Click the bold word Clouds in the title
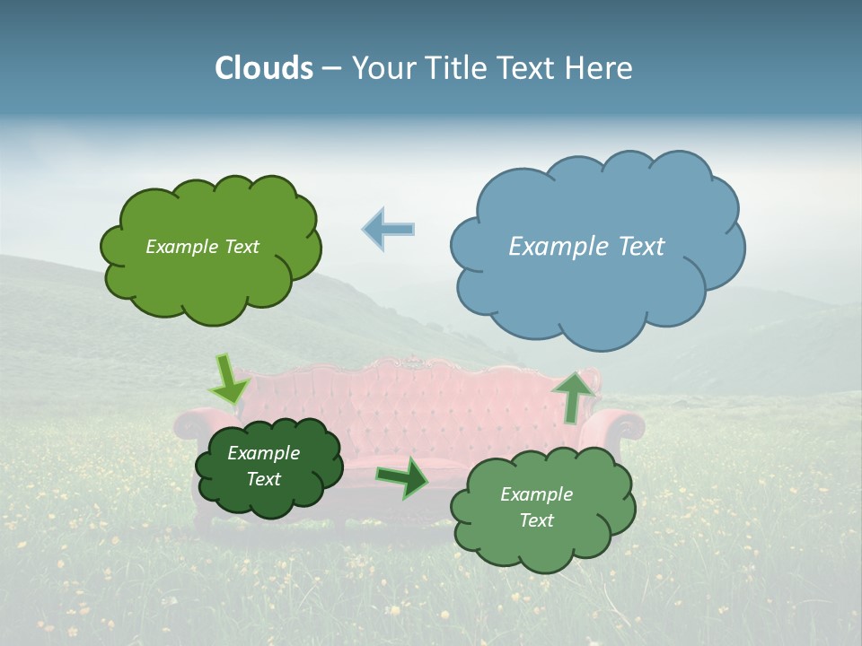pyautogui.click(x=264, y=68)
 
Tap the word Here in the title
pyautogui.click(x=601, y=68)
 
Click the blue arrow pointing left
pyautogui.click(x=389, y=230)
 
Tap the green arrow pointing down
pyautogui.click(x=228, y=380)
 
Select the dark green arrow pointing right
pyautogui.click(x=403, y=477)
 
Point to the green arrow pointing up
pyautogui.click(x=574, y=395)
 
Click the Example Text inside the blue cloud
pyautogui.click(x=586, y=247)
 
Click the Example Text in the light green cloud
pyautogui.click(x=202, y=247)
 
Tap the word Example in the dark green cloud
pyautogui.click(x=263, y=453)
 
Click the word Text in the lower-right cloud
pyautogui.click(x=536, y=520)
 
